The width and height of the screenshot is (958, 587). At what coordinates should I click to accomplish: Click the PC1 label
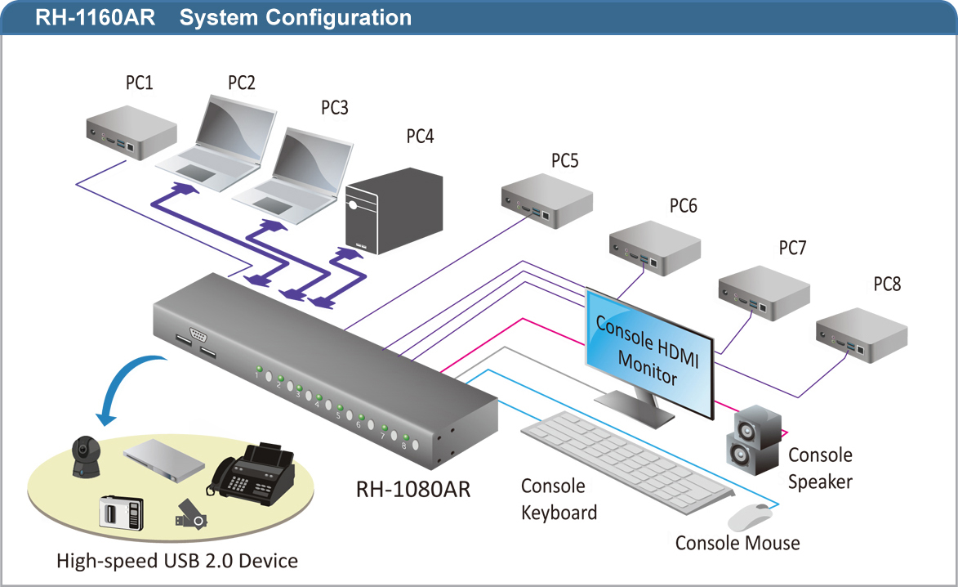pyautogui.click(x=139, y=83)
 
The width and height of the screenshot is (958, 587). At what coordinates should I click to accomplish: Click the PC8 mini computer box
pyautogui.click(x=862, y=335)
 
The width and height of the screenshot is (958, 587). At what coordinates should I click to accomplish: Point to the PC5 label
pyautogui.click(x=564, y=160)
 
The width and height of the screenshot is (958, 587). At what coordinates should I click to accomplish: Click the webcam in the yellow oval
pyautogui.click(x=85, y=456)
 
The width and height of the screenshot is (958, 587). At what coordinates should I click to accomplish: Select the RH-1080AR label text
pyautogui.click(x=412, y=489)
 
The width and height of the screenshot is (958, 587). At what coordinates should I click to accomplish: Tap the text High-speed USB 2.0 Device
pyautogui.click(x=177, y=561)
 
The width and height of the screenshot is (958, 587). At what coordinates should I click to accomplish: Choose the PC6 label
pyautogui.click(x=683, y=206)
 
